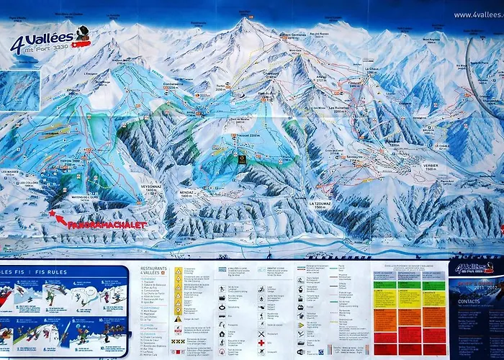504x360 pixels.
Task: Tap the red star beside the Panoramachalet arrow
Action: (x=51, y=213)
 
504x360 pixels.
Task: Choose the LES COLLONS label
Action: (x=28, y=183)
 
